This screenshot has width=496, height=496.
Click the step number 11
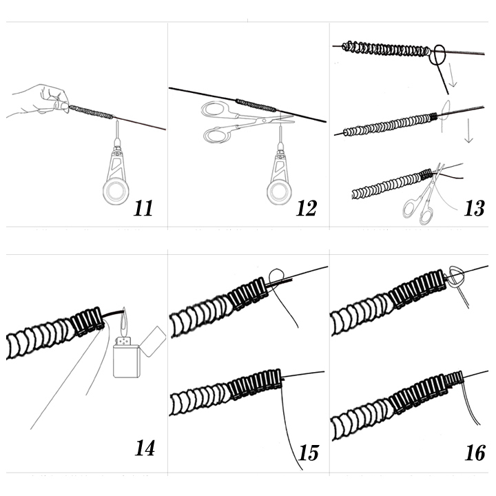coord(143,208)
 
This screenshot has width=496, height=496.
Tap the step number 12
coord(307,208)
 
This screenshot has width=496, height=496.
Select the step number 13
coord(474,208)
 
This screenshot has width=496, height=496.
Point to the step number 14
coord(145,448)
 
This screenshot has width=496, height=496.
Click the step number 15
coord(309,453)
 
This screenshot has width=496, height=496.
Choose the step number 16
coord(475,453)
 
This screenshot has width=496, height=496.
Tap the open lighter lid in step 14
coord(152,337)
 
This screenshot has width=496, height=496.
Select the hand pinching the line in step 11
coord(41,100)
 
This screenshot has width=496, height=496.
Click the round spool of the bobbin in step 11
coord(116,191)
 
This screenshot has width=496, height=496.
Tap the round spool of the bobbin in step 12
coord(280,192)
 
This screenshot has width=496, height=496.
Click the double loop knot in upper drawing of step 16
coord(457,276)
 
